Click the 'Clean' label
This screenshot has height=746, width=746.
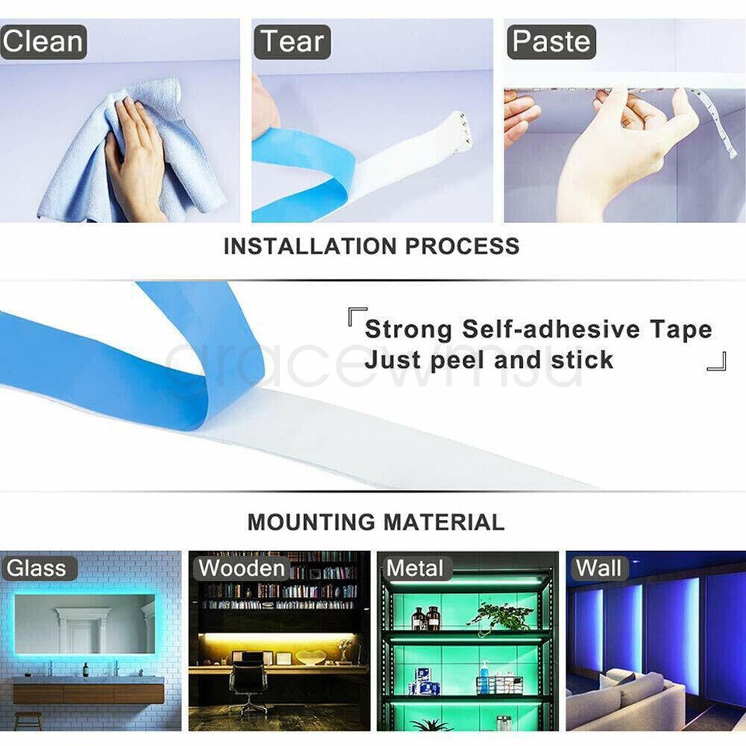pyautogui.click(x=43, y=42)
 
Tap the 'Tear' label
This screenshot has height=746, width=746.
pyautogui.click(x=293, y=42)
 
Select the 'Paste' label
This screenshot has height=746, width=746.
pyautogui.click(x=551, y=42)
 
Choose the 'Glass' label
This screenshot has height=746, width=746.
pyautogui.click(x=37, y=568)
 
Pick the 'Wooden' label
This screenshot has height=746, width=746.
pyautogui.click(x=242, y=568)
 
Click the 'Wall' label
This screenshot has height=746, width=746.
pyautogui.click(x=598, y=568)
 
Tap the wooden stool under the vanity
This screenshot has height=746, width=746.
pyautogui.click(x=29, y=720)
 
